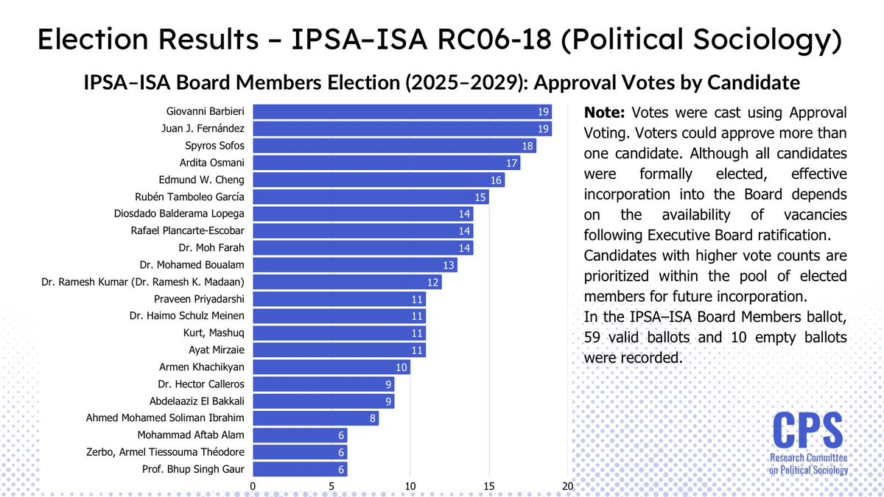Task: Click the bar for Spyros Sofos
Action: click(394, 146)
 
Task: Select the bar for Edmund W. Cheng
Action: click(379, 180)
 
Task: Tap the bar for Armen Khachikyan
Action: click(331, 367)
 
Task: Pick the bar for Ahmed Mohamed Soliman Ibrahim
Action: click(315, 417)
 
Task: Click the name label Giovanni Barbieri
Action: click(208, 112)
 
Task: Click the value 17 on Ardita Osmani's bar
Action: click(512, 163)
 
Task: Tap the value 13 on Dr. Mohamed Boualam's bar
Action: click(449, 264)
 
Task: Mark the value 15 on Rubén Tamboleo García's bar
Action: click(480, 197)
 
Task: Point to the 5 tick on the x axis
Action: click(331, 487)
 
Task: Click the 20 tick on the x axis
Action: click(567, 487)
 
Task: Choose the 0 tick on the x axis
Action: click(253, 487)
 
